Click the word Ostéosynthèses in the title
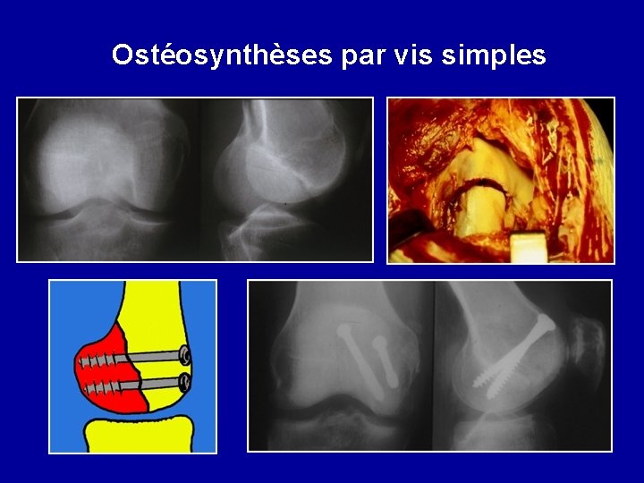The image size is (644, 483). (x=222, y=55)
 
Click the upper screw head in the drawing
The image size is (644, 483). (x=185, y=355)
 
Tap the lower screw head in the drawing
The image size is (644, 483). (x=185, y=383)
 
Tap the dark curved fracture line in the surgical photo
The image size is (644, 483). (x=474, y=184)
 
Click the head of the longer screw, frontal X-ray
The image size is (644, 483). (x=345, y=333)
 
